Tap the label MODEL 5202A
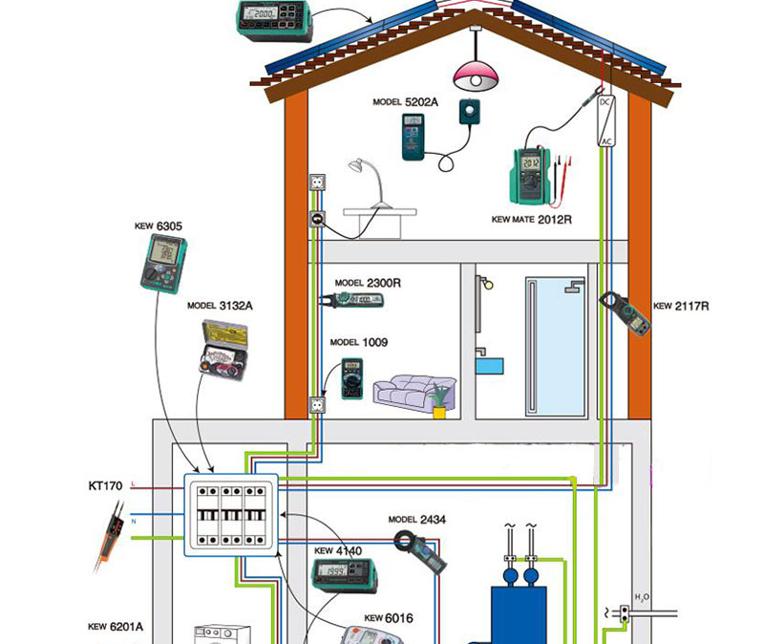click(x=405, y=101)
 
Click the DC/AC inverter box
click(x=605, y=121)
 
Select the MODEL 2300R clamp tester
click(x=359, y=300)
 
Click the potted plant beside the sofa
click(x=439, y=400)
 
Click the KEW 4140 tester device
click(x=345, y=574)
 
